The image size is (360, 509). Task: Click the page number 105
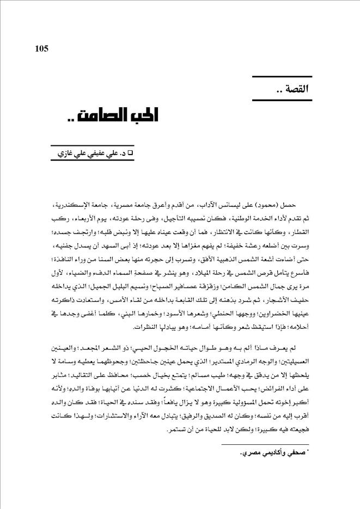pos(41,48)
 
